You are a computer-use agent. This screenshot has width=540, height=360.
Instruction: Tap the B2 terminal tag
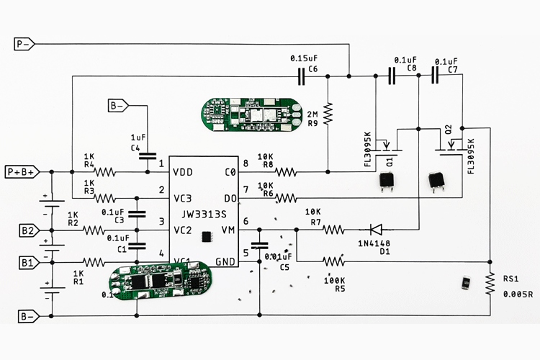tap(28, 230)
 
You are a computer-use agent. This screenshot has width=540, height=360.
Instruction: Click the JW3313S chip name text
tap(205, 214)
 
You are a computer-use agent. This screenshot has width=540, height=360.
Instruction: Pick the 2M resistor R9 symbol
tap(328, 113)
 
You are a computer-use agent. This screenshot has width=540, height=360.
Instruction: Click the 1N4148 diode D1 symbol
tap(375, 230)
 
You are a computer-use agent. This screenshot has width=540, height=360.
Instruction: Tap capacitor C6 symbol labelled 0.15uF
tap(303, 75)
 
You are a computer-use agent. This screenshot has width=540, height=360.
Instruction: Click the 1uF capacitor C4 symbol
tap(148, 155)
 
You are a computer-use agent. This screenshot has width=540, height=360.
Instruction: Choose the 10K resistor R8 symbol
tap(286, 172)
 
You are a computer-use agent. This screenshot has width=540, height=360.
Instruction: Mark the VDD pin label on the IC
tap(182, 173)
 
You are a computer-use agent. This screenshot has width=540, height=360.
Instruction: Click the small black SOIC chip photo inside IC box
tap(206, 235)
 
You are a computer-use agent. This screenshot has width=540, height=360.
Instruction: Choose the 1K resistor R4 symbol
tap(105, 172)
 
